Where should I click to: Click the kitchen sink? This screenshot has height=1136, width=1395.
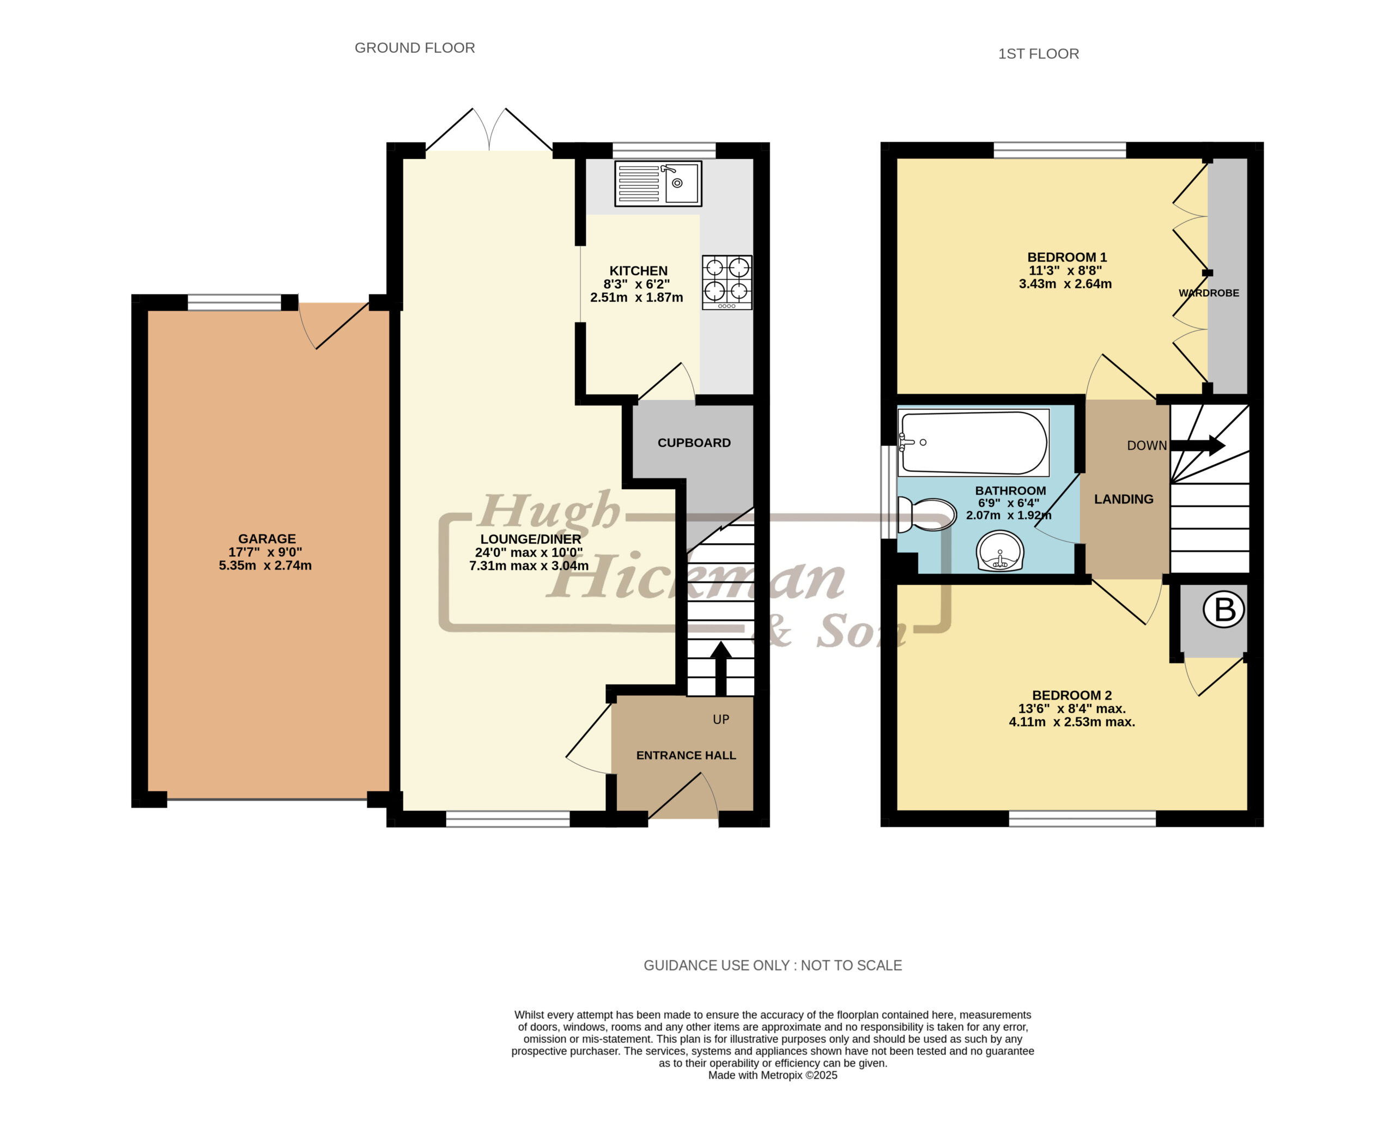pos(658,183)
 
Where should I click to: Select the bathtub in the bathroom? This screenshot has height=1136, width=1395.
pos(974,442)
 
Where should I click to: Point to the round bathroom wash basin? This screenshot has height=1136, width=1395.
pos(1000,550)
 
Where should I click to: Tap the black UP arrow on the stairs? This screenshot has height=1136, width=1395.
pos(720,668)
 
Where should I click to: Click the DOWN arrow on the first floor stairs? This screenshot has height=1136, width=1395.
pos(1197,446)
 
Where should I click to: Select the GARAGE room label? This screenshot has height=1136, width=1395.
pos(266,538)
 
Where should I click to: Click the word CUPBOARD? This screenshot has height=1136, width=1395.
pos(694,443)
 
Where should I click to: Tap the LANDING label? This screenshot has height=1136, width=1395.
pos(1124,499)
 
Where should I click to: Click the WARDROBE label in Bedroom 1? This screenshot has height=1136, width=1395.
pos(1209,293)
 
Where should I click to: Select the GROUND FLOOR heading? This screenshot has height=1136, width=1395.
pos(414,48)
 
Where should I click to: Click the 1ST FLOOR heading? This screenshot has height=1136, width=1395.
pos(1039,53)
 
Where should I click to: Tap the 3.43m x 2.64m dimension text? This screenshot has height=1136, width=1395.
pos(1065,284)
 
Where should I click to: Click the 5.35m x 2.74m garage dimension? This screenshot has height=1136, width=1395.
pos(265,566)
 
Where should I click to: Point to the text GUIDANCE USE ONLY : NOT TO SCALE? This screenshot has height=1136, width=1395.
pos(772,965)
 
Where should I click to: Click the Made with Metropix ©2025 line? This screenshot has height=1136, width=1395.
pos(772,1075)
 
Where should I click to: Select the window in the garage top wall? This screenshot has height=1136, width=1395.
pos(234,302)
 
